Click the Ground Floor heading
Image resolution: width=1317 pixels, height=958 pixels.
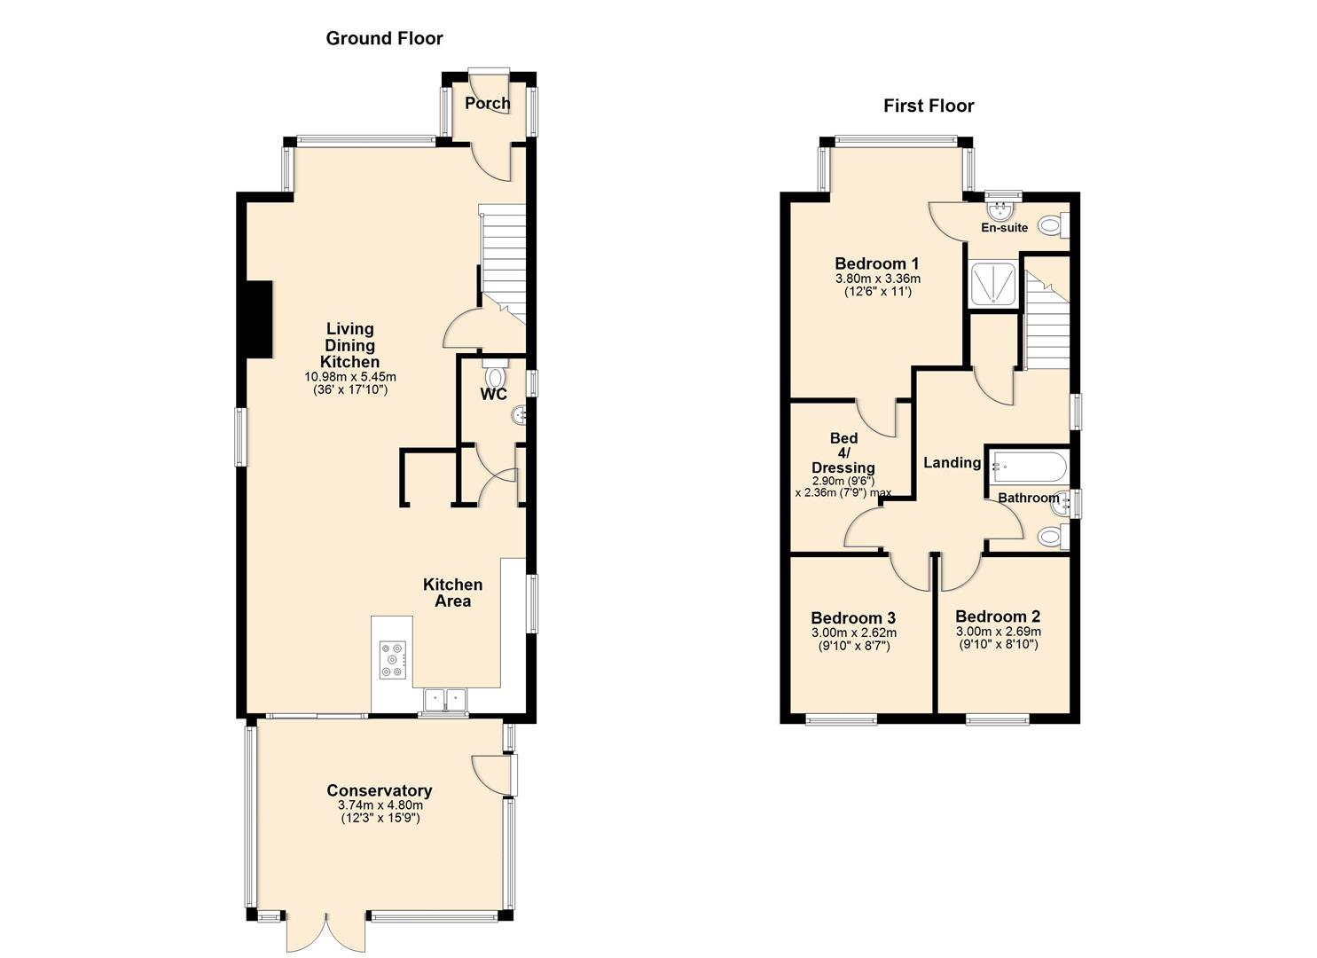[x=384, y=38]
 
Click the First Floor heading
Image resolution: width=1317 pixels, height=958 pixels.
[x=928, y=106]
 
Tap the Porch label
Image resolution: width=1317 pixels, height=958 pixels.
[x=487, y=103]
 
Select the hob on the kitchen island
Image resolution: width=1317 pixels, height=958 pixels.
[x=392, y=660]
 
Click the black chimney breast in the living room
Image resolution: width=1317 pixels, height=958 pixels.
[x=258, y=319]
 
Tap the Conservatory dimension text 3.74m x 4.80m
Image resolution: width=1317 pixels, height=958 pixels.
[x=380, y=805]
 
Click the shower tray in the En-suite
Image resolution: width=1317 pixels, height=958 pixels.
[x=992, y=284]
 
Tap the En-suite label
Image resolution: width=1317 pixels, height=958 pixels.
[x=1004, y=228]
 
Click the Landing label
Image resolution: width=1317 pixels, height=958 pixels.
[x=952, y=463]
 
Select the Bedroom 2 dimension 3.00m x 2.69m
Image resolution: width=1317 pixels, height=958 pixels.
[x=998, y=632]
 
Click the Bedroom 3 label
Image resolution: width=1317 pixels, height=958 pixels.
[x=852, y=618]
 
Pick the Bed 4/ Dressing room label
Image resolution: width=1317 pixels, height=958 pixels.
[x=843, y=452]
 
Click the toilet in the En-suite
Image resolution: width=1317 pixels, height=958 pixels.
[x=1050, y=226]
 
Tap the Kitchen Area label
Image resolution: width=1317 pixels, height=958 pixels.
[x=452, y=593]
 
